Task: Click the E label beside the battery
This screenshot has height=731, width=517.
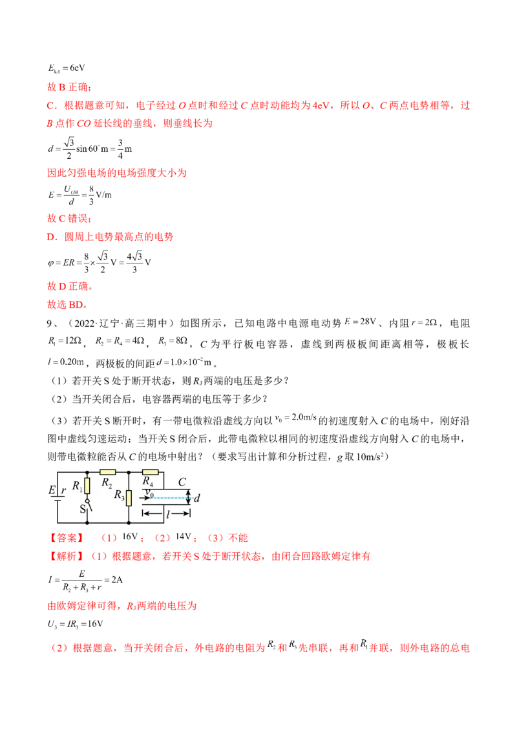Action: pos(51,490)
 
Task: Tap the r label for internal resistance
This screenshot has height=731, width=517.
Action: pos(63,491)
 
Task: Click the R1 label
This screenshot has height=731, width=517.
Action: pos(77,486)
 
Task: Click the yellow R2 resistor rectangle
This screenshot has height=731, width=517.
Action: pos(107,472)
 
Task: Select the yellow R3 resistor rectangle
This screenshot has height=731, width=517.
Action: pos(129,497)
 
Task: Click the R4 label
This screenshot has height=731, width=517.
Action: pos(148,481)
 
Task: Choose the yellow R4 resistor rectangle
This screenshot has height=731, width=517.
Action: pos(149,472)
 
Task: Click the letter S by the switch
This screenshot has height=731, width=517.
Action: pos(82,509)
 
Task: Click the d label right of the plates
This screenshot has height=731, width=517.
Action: pos(196,498)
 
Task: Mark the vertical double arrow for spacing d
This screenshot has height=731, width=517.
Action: pos(188,497)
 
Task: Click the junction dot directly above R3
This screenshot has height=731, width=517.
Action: pos(129,472)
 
